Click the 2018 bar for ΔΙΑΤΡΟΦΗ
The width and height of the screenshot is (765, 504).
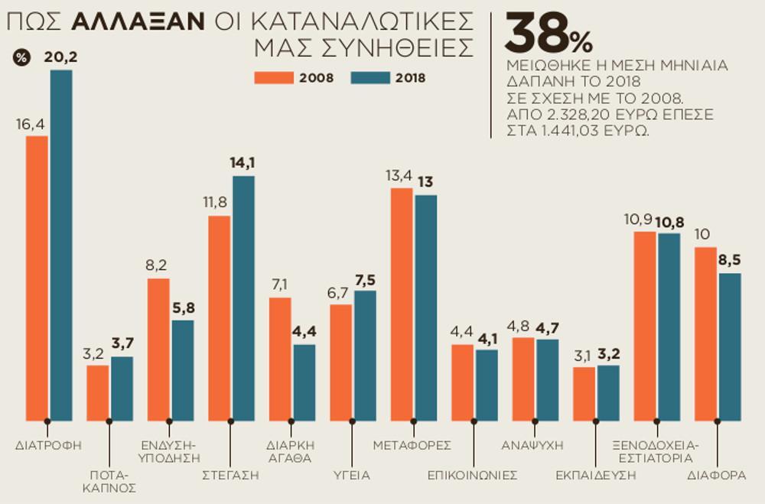pyautogui.click(x=61, y=245)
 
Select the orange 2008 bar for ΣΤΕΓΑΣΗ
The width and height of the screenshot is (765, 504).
pyautogui.click(x=220, y=317)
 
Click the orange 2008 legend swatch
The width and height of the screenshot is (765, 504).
pyautogui.click(x=274, y=77)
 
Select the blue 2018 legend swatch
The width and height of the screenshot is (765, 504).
pyautogui.click(x=370, y=77)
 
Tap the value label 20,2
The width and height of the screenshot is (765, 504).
pyautogui.click(x=61, y=57)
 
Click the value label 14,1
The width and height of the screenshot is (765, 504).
pyautogui.click(x=244, y=162)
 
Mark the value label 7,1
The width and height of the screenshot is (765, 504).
pyautogui.click(x=279, y=285)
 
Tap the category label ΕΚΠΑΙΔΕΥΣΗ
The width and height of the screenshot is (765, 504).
pyautogui.click(x=596, y=475)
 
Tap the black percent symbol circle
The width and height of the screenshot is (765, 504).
pyautogui.click(x=22, y=57)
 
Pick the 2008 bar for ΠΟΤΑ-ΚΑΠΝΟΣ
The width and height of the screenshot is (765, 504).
pyautogui.click(x=98, y=392)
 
